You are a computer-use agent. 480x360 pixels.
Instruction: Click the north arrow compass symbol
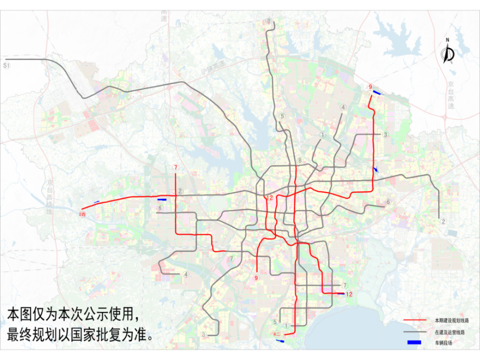[x=449, y=52]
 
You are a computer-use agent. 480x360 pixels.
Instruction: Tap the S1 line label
[x=6, y=64]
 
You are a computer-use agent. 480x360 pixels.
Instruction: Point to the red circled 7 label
[x=176, y=168]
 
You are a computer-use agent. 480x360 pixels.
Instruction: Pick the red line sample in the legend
[x=415, y=320]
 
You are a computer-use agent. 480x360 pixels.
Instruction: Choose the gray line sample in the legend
[x=415, y=332]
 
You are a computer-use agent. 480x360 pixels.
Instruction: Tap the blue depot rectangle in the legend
[x=415, y=343]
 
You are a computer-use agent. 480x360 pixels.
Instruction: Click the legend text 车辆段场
[x=444, y=343]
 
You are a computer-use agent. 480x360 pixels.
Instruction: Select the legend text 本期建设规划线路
[x=452, y=320]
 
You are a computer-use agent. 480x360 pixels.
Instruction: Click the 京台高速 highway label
[x=450, y=96]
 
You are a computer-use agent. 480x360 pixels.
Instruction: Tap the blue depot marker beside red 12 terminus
[x=340, y=294]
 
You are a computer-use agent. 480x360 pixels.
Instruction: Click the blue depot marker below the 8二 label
[x=280, y=341]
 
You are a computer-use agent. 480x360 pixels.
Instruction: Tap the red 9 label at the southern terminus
[x=256, y=278]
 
